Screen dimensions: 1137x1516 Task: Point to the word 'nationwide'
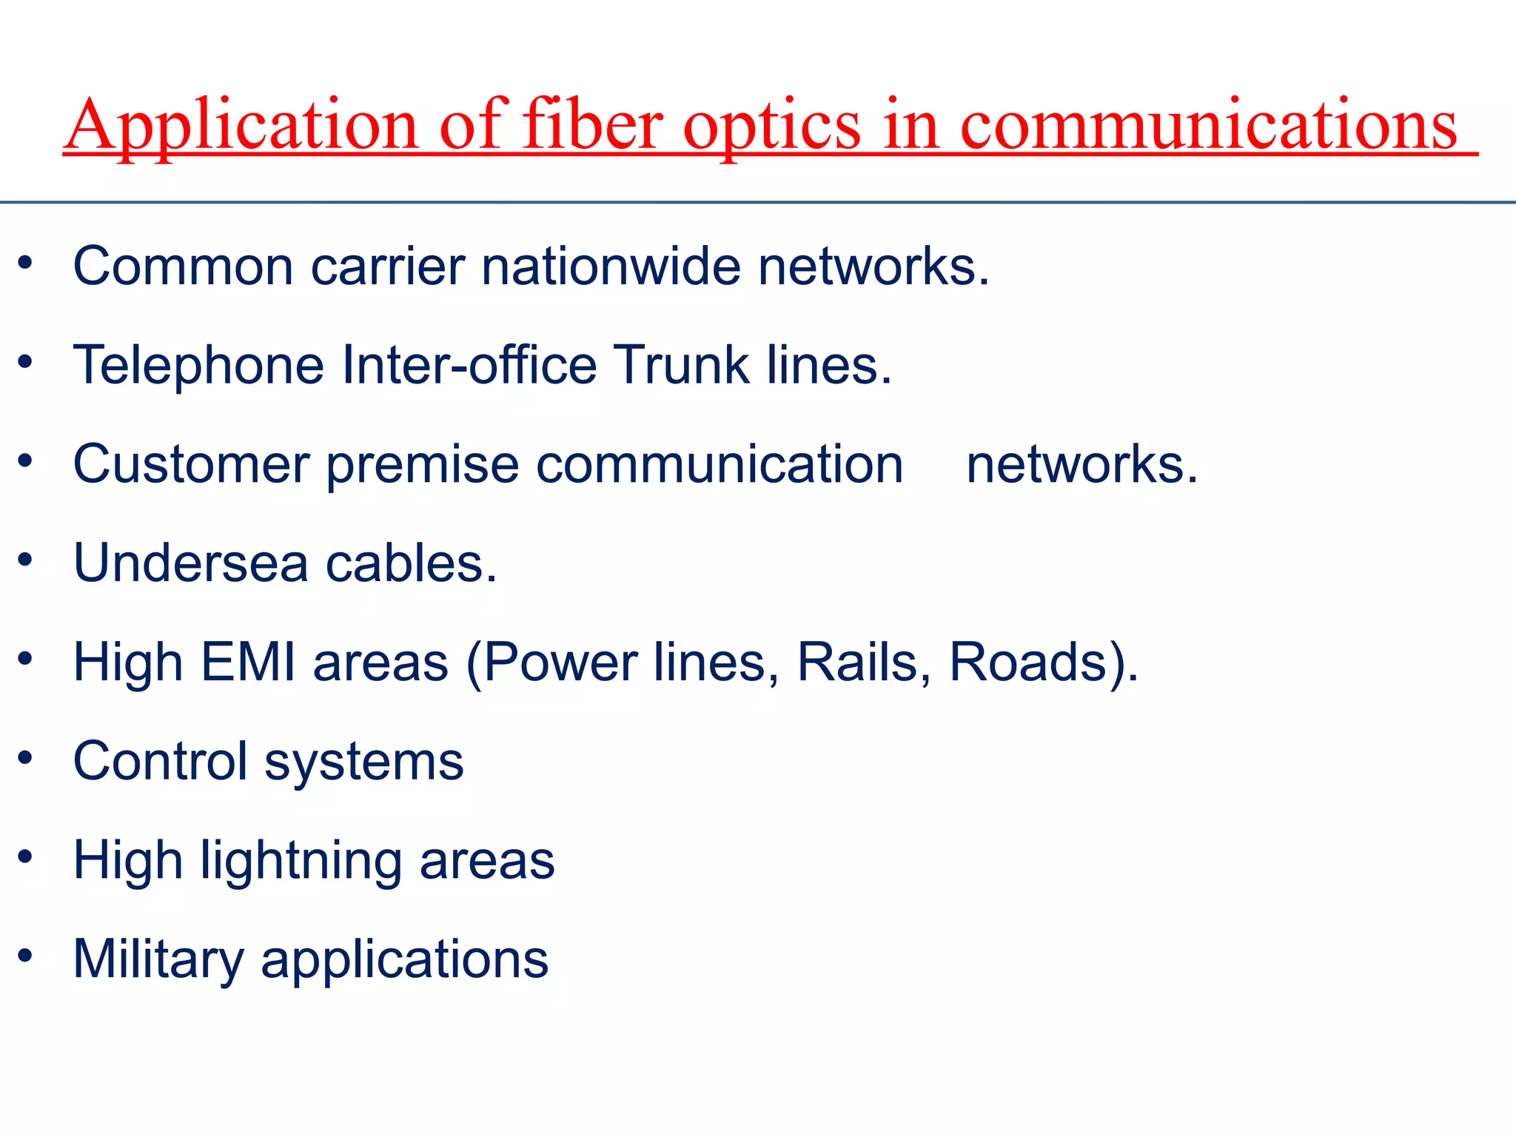[611, 266]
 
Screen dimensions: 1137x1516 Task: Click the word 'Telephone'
[199, 365]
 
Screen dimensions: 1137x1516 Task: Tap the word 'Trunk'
[682, 365]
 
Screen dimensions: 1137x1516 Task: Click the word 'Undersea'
[191, 563]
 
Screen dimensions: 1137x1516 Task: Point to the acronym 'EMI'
[249, 662]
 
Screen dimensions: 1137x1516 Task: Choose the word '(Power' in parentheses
[551, 663]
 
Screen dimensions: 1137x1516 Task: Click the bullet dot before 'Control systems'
[26, 758]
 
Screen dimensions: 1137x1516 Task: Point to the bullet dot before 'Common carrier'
[26, 262]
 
